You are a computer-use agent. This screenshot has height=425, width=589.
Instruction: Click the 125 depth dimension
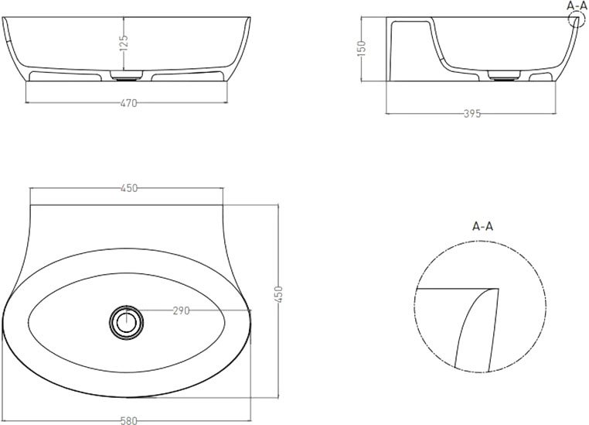tap(124, 43)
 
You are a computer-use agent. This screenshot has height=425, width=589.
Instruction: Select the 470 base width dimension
tap(129, 103)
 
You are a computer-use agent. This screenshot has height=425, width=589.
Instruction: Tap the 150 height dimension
tap(361, 48)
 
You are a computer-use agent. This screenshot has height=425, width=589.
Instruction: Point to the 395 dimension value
tap(472, 113)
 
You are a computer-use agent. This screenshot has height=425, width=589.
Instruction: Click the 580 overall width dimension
tap(129, 420)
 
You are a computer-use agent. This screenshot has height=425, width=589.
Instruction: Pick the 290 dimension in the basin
tap(181, 310)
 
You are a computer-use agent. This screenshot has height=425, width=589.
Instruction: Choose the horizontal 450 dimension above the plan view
tap(129, 188)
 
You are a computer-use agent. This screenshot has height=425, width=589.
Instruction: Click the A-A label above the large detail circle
tap(482, 226)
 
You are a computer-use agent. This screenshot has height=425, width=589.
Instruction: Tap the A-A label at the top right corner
tap(577, 5)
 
